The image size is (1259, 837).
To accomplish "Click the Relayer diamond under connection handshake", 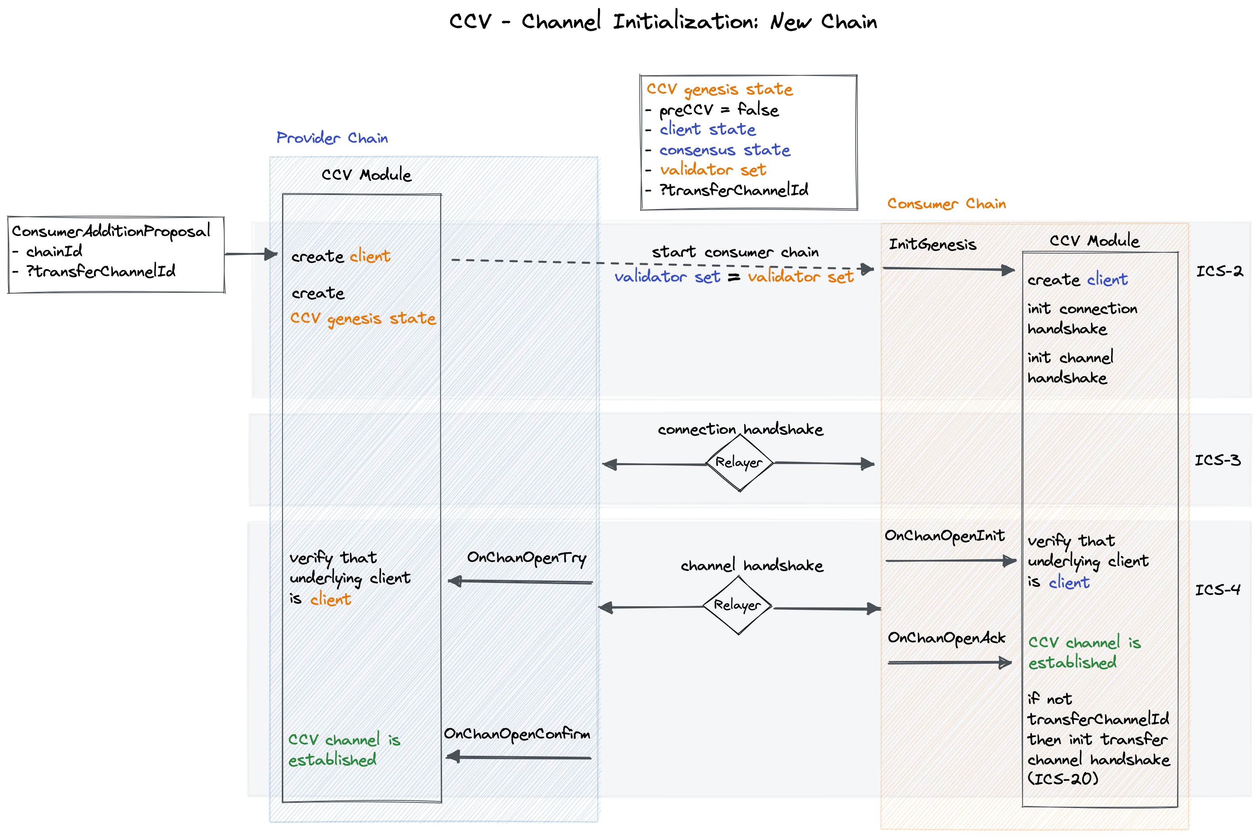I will click(x=739, y=462).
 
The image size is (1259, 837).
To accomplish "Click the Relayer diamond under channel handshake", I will click(x=738, y=605).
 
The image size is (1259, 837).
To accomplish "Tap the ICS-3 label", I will click(x=1217, y=460).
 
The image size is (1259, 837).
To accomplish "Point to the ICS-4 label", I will click(x=1217, y=590).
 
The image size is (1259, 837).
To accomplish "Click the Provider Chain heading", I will click(x=332, y=138).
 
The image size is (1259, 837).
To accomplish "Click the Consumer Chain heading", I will click(x=946, y=204).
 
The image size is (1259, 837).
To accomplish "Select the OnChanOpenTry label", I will click(x=526, y=558).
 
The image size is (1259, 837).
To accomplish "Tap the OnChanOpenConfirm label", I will click(x=517, y=734).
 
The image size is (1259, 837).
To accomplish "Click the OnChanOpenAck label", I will click(x=946, y=638).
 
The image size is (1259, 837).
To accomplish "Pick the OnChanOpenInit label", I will click(x=944, y=535).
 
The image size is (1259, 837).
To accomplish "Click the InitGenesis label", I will click(x=932, y=244).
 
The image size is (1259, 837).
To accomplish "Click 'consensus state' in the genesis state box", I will click(x=725, y=150).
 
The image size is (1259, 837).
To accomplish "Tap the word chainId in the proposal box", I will click(x=54, y=251).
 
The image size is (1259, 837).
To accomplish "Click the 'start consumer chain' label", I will click(x=735, y=252).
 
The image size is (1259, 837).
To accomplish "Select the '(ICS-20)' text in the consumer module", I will click(x=1062, y=779).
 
